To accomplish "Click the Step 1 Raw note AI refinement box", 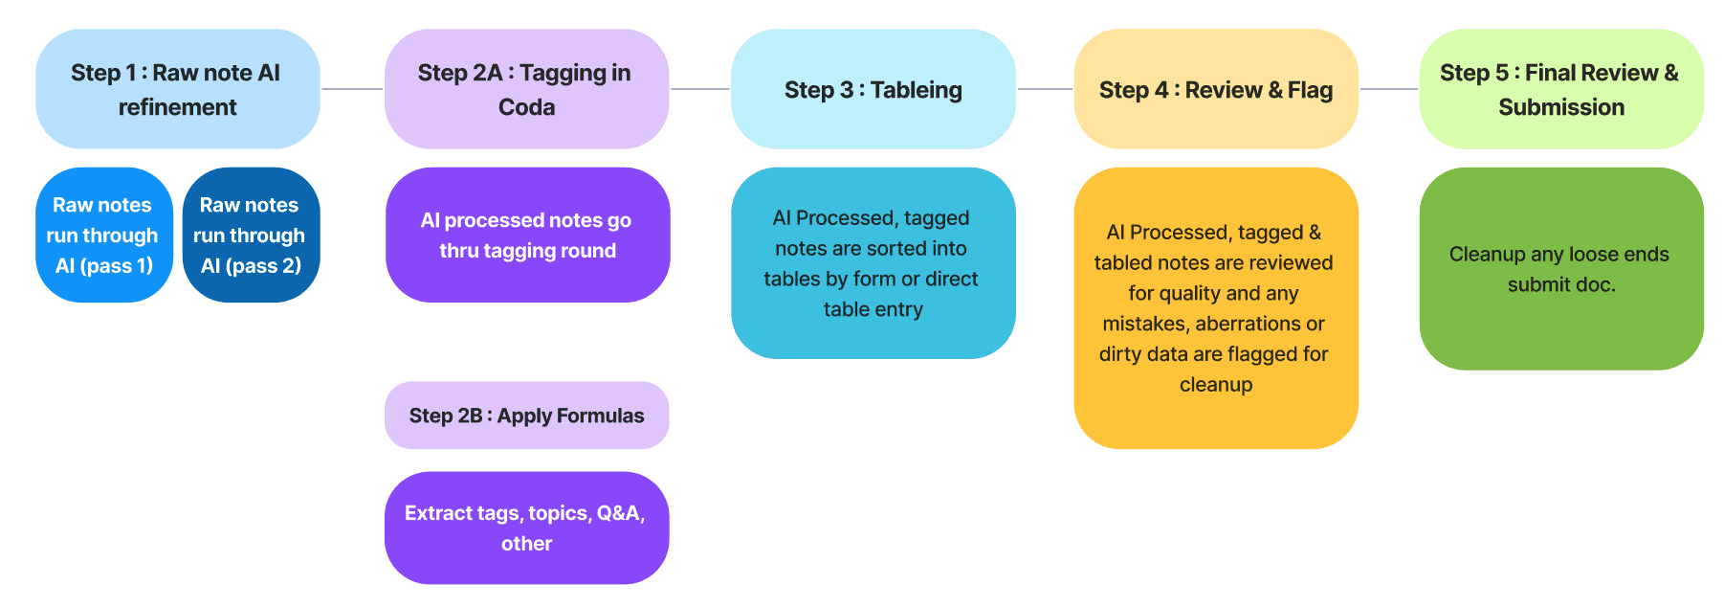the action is point(178,89).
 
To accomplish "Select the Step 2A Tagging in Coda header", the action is point(526,89).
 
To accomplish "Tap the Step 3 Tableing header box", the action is point(873,89).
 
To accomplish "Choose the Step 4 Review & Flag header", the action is point(1216,89).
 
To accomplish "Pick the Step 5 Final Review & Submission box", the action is point(1561,89).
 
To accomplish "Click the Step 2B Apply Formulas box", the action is point(526,416).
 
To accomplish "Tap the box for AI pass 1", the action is point(104,236).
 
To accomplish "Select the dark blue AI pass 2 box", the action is point(251,236).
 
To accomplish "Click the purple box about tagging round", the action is point(527,236).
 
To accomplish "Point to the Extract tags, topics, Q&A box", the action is point(526,528).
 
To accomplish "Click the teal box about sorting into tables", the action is point(873,263).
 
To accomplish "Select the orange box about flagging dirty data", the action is point(1216,308).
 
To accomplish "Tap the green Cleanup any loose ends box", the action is point(1561,269).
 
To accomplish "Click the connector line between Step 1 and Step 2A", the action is point(352,89).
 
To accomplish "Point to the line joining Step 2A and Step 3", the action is point(700,89).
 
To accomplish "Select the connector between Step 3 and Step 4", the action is point(1045,89).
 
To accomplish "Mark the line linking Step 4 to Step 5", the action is point(1389,89).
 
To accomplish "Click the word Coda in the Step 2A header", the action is point(526,107).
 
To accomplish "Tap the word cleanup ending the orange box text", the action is point(1216,385).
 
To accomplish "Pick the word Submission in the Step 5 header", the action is point(1561,107).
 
